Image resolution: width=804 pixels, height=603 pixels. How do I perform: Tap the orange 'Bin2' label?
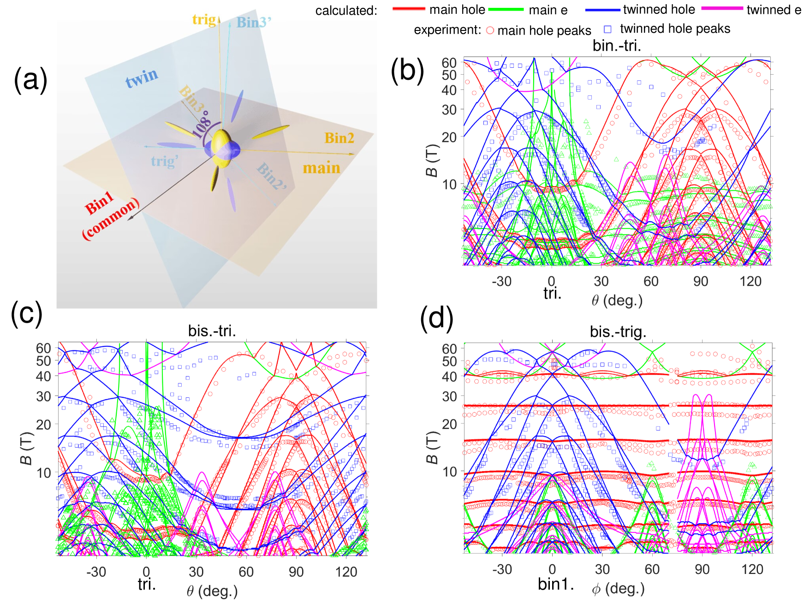pyautogui.click(x=339, y=138)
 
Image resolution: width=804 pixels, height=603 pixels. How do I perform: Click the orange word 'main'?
pyautogui.click(x=322, y=168)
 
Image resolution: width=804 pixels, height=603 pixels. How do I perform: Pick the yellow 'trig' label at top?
pyautogui.click(x=204, y=19)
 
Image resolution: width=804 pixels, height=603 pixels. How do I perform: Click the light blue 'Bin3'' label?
pyautogui.click(x=254, y=22)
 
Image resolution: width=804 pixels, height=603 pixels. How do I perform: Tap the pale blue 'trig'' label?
pyautogui.click(x=164, y=161)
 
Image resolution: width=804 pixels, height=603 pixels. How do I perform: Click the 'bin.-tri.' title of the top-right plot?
pyautogui.click(x=617, y=45)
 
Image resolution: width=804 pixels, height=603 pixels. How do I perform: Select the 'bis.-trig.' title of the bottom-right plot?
pyautogui.click(x=618, y=331)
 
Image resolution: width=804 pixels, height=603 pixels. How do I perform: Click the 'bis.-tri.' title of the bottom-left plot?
pyautogui.click(x=212, y=331)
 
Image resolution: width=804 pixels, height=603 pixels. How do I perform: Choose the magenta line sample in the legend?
pyautogui.click(x=722, y=8)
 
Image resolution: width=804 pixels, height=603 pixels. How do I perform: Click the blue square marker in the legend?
pyautogui.click(x=607, y=29)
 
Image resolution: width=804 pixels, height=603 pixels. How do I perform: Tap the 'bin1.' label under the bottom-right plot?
pyautogui.click(x=556, y=584)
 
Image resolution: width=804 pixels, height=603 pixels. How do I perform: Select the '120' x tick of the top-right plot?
pyautogui.click(x=750, y=281)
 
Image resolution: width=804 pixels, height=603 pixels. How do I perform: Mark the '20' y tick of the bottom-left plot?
pyautogui.click(x=43, y=424)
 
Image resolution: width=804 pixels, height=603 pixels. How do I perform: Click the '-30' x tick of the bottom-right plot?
pyautogui.click(x=502, y=569)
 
